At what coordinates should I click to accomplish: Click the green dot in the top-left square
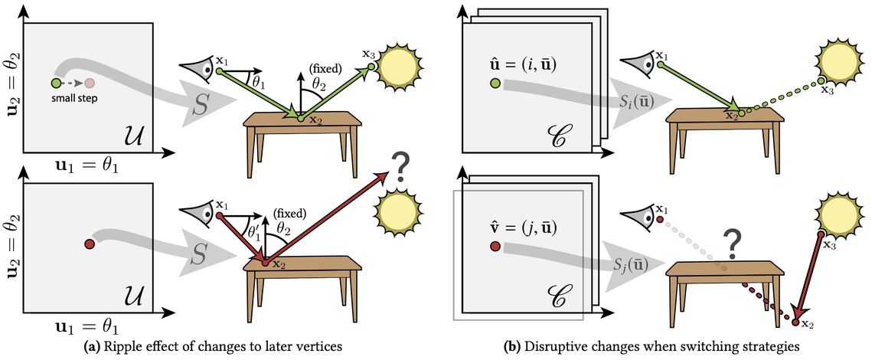point(56,83)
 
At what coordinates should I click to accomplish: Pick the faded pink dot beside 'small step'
point(90,83)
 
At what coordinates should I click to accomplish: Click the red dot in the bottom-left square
point(89,244)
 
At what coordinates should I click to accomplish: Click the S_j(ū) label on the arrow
point(636,264)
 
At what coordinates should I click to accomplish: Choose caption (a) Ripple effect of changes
point(220,347)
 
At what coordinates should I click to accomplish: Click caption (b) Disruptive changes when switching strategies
point(652,347)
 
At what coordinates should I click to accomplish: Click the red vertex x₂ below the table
point(795,322)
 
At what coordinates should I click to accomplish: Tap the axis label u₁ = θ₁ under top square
point(91,165)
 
